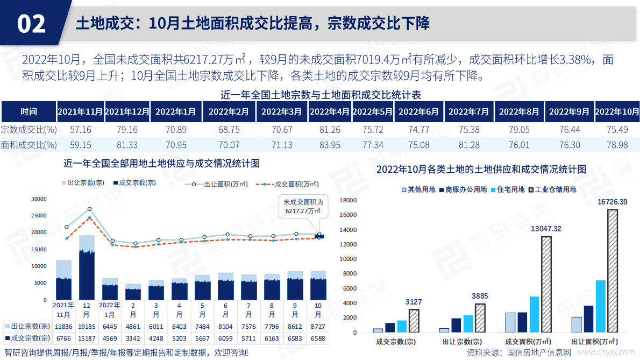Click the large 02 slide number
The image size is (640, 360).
point(31,24)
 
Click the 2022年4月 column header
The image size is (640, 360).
point(329,112)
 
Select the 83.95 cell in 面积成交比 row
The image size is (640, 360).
point(329,145)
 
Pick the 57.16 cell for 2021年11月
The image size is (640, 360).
point(81,130)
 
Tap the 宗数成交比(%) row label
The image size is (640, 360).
point(29,130)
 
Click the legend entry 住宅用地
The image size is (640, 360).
point(507,189)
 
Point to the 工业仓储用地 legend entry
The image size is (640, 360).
point(554,189)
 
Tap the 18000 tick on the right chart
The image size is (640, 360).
point(349,200)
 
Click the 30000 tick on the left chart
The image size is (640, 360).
point(39,199)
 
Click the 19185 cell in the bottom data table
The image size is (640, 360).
point(87,327)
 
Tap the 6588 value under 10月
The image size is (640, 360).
point(318,338)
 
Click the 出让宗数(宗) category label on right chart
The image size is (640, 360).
point(461,342)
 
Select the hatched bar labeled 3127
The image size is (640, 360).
point(414,321)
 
